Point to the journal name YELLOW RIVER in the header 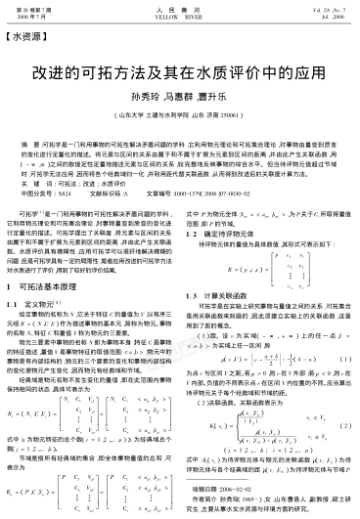point(179,16)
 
